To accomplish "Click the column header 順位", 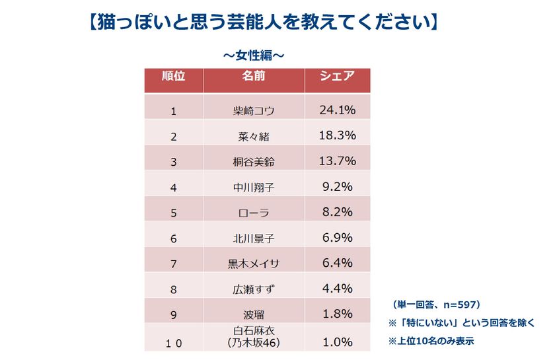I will tap(174, 76).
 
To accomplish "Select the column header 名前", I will tap(254, 76).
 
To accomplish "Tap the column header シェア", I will tap(337, 76).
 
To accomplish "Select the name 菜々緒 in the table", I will tap(254, 137).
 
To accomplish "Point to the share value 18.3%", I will tap(338, 135).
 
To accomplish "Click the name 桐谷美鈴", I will tap(254, 162).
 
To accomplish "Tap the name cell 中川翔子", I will tap(254, 188).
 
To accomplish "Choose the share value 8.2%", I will tap(338, 212).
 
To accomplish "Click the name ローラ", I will tap(254, 213).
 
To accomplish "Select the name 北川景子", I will tap(254, 238).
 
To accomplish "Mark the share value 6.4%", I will tap(338, 263).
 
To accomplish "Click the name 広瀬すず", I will tap(254, 289).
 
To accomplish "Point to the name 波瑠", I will tap(254, 314).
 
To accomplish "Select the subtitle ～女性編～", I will tap(254, 53).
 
